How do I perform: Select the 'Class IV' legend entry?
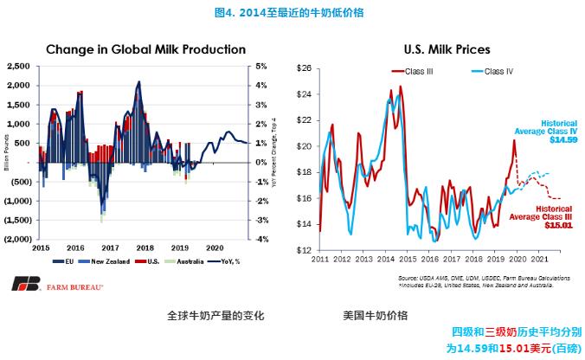(x=497, y=71)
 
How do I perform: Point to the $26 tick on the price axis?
(x=304, y=68)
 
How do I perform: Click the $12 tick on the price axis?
(x=304, y=250)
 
